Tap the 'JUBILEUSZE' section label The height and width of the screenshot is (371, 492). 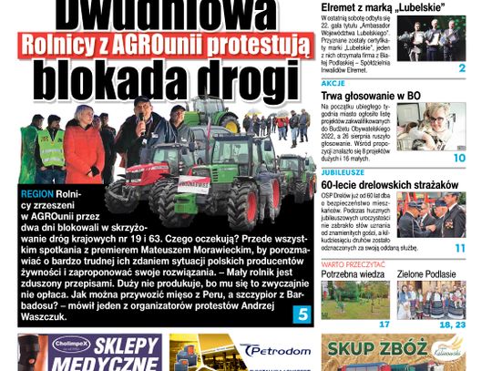coord(343,170)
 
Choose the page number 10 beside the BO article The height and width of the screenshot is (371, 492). coord(459,158)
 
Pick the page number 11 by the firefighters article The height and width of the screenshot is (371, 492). coord(459,248)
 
